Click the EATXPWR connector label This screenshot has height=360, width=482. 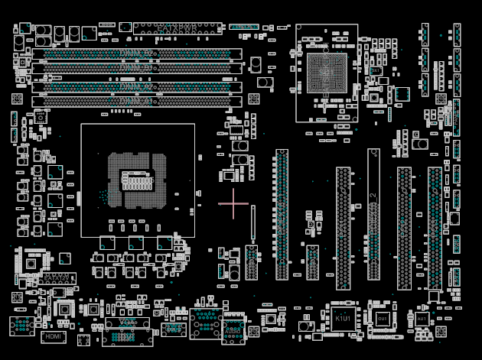point(177,28)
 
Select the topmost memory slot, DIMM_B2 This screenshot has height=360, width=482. point(137,54)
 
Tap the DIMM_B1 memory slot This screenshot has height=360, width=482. point(137,68)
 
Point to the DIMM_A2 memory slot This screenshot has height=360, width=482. point(137,87)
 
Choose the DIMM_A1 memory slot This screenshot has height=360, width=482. point(137,101)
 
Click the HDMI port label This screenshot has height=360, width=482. point(53,336)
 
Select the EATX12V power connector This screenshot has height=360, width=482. point(58,278)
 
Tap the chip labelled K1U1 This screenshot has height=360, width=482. point(342,319)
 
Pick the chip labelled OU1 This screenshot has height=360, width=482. point(382,318)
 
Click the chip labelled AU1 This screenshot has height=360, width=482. point(422,318)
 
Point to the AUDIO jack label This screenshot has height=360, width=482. point(233,330)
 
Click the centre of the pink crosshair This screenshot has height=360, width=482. point(233,204)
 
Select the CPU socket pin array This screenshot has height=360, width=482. point(137,180)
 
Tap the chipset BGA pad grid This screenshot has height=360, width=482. point(327,73)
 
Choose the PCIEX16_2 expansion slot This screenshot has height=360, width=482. point(373,214)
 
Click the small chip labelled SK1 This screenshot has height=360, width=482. point(375,71)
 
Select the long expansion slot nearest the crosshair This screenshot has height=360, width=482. point(282,214)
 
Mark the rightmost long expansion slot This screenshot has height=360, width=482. point(435,228)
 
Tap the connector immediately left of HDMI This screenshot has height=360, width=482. point(21,326)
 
